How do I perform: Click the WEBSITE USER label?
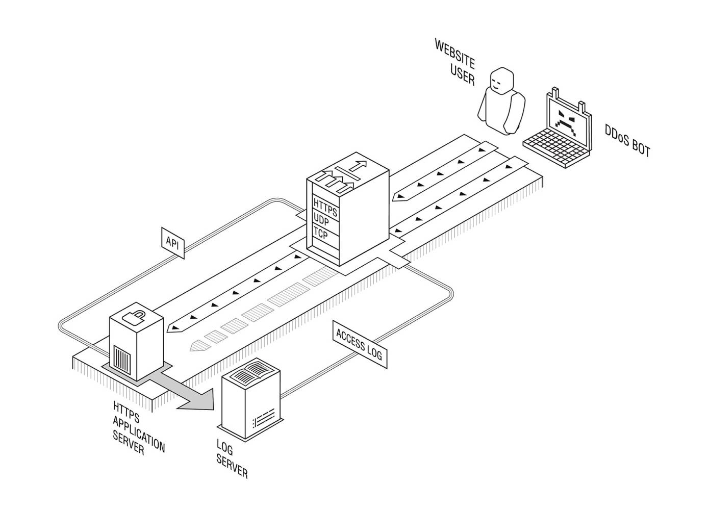point(455,62)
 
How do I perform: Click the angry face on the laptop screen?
point(566,122)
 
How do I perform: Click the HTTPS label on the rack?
point(325,207)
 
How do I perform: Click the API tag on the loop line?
point(173,243)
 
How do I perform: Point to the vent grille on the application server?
point(121,359)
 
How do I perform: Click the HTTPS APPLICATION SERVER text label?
point(138,428)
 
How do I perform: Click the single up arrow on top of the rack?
point(358,165)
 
